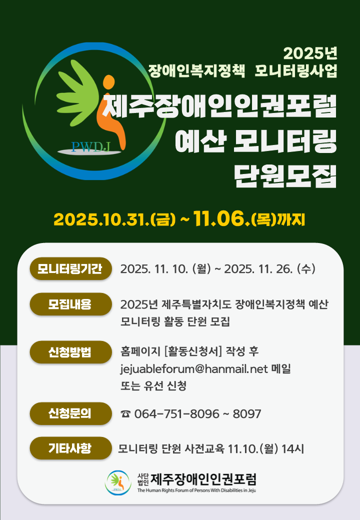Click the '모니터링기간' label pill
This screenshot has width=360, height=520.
click(x=70, y=269)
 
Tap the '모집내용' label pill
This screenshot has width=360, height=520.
click(x=70, y=304)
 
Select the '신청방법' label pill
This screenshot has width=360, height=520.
click(x=70, y=352)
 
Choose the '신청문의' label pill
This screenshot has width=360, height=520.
click(x=70, y=413)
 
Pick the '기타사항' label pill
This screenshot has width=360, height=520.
click(x=70, y=448)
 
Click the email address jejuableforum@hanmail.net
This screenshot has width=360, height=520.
click(x=194, y=369)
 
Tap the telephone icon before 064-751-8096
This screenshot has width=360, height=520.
click(x=125, y=414)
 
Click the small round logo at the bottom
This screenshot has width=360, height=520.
click(x=118, y=482)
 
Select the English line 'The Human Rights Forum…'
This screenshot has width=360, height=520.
click(x=196, y=490)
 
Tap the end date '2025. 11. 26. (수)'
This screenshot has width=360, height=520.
click(x=270, y=269)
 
